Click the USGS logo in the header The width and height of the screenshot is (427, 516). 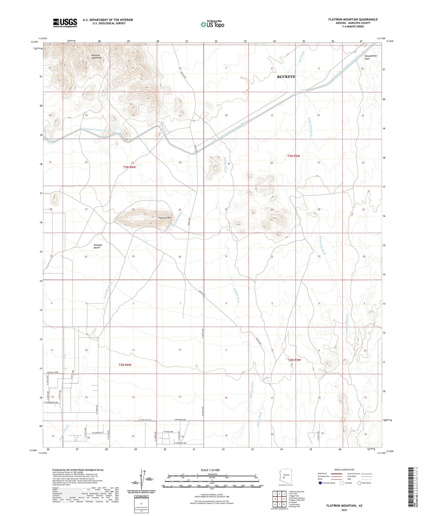[65, 23]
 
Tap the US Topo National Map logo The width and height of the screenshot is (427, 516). [212, 24]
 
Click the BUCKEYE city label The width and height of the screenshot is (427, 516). [286, 77]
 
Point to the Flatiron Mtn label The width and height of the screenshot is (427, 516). [165, 218]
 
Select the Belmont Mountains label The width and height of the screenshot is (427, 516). [96, 56]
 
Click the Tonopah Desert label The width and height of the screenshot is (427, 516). [98, 246]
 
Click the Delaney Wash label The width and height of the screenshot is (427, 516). [259, 417]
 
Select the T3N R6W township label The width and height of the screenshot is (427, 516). [129, 167]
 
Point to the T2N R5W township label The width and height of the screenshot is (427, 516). [294, 360]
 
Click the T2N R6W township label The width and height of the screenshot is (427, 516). [125, 365]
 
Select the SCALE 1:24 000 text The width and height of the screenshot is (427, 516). [210, 470]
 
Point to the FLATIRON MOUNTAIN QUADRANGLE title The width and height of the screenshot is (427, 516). [353, 20]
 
